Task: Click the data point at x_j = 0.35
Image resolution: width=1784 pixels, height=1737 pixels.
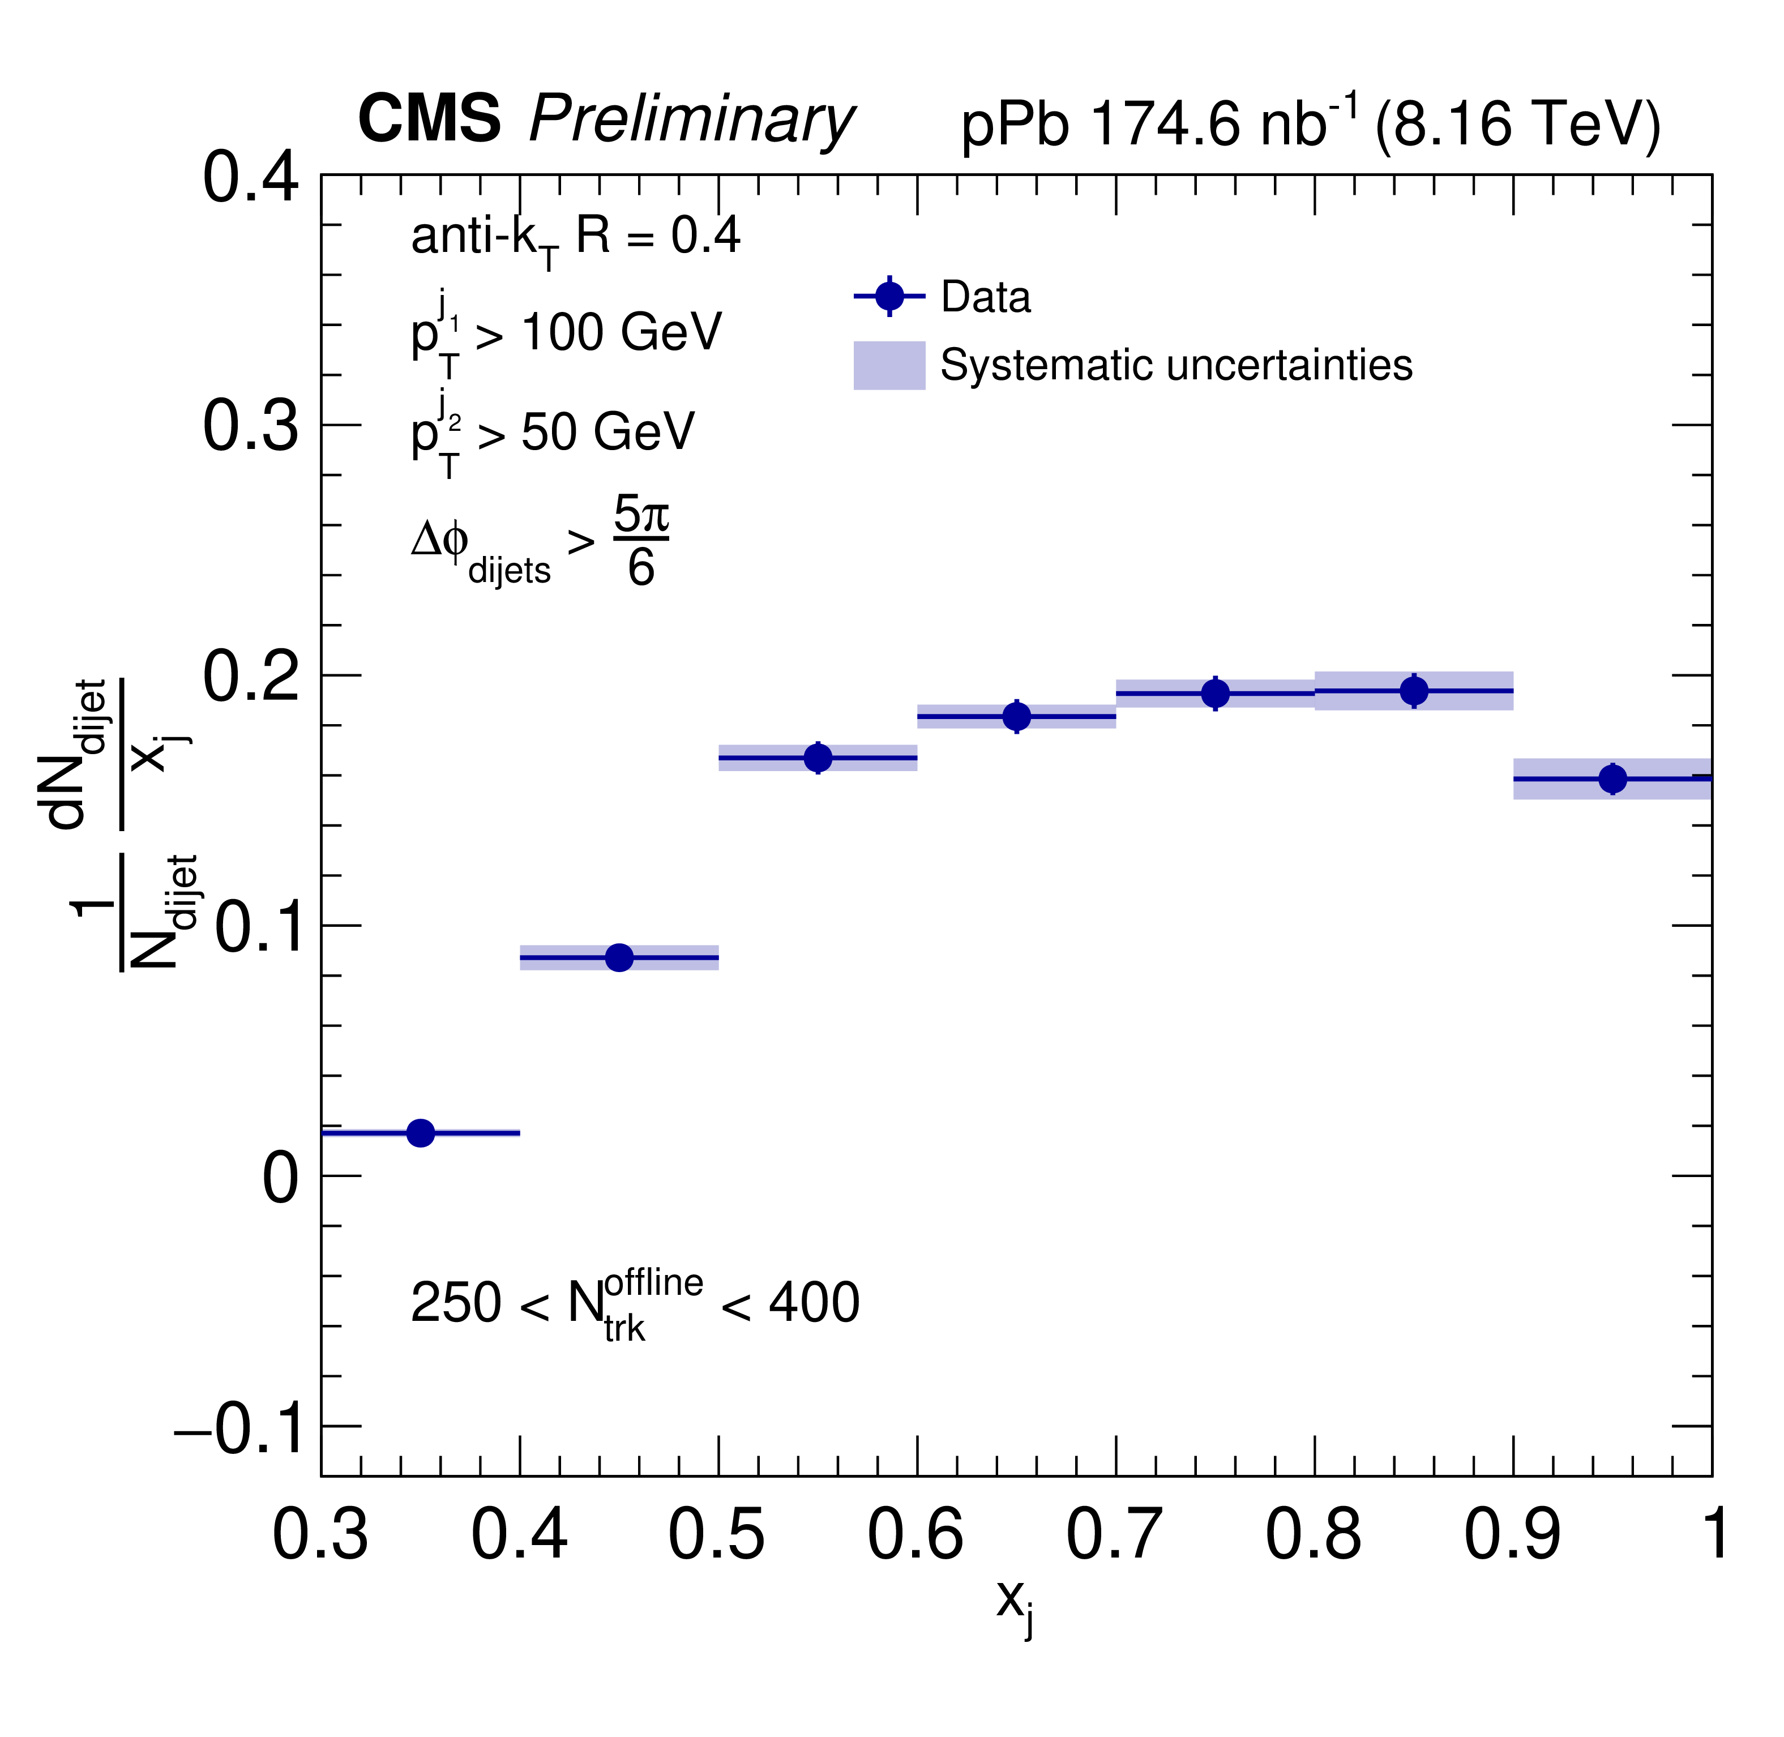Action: [421, 1133]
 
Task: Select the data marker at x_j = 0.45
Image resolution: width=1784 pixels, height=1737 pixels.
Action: [619, 958]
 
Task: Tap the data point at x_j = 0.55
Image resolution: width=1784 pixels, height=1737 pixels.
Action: [818, 757]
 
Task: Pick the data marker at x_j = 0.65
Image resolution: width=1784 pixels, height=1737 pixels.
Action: [1017, 716]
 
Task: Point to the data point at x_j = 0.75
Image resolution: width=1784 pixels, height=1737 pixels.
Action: [1215, 694]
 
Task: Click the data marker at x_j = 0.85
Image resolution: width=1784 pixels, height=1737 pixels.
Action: [1414, 691]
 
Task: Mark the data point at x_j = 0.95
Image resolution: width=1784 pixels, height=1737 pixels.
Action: [1612, 778]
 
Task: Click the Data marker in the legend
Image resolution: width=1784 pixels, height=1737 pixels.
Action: [889, 297]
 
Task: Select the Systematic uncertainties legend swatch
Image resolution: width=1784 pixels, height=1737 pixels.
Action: [889, 365]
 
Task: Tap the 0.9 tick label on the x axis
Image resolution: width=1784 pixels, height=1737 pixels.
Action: [1512, 1534]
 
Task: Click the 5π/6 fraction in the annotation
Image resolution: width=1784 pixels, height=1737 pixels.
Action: [641, 540]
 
